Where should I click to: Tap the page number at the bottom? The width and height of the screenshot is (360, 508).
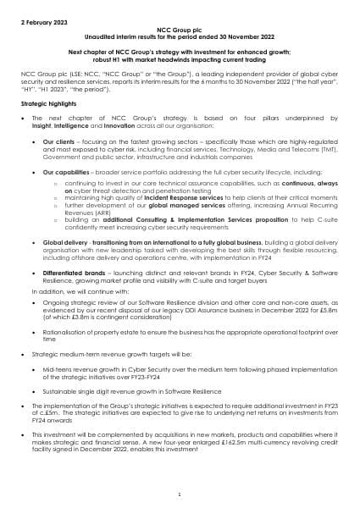coord(180,493)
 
